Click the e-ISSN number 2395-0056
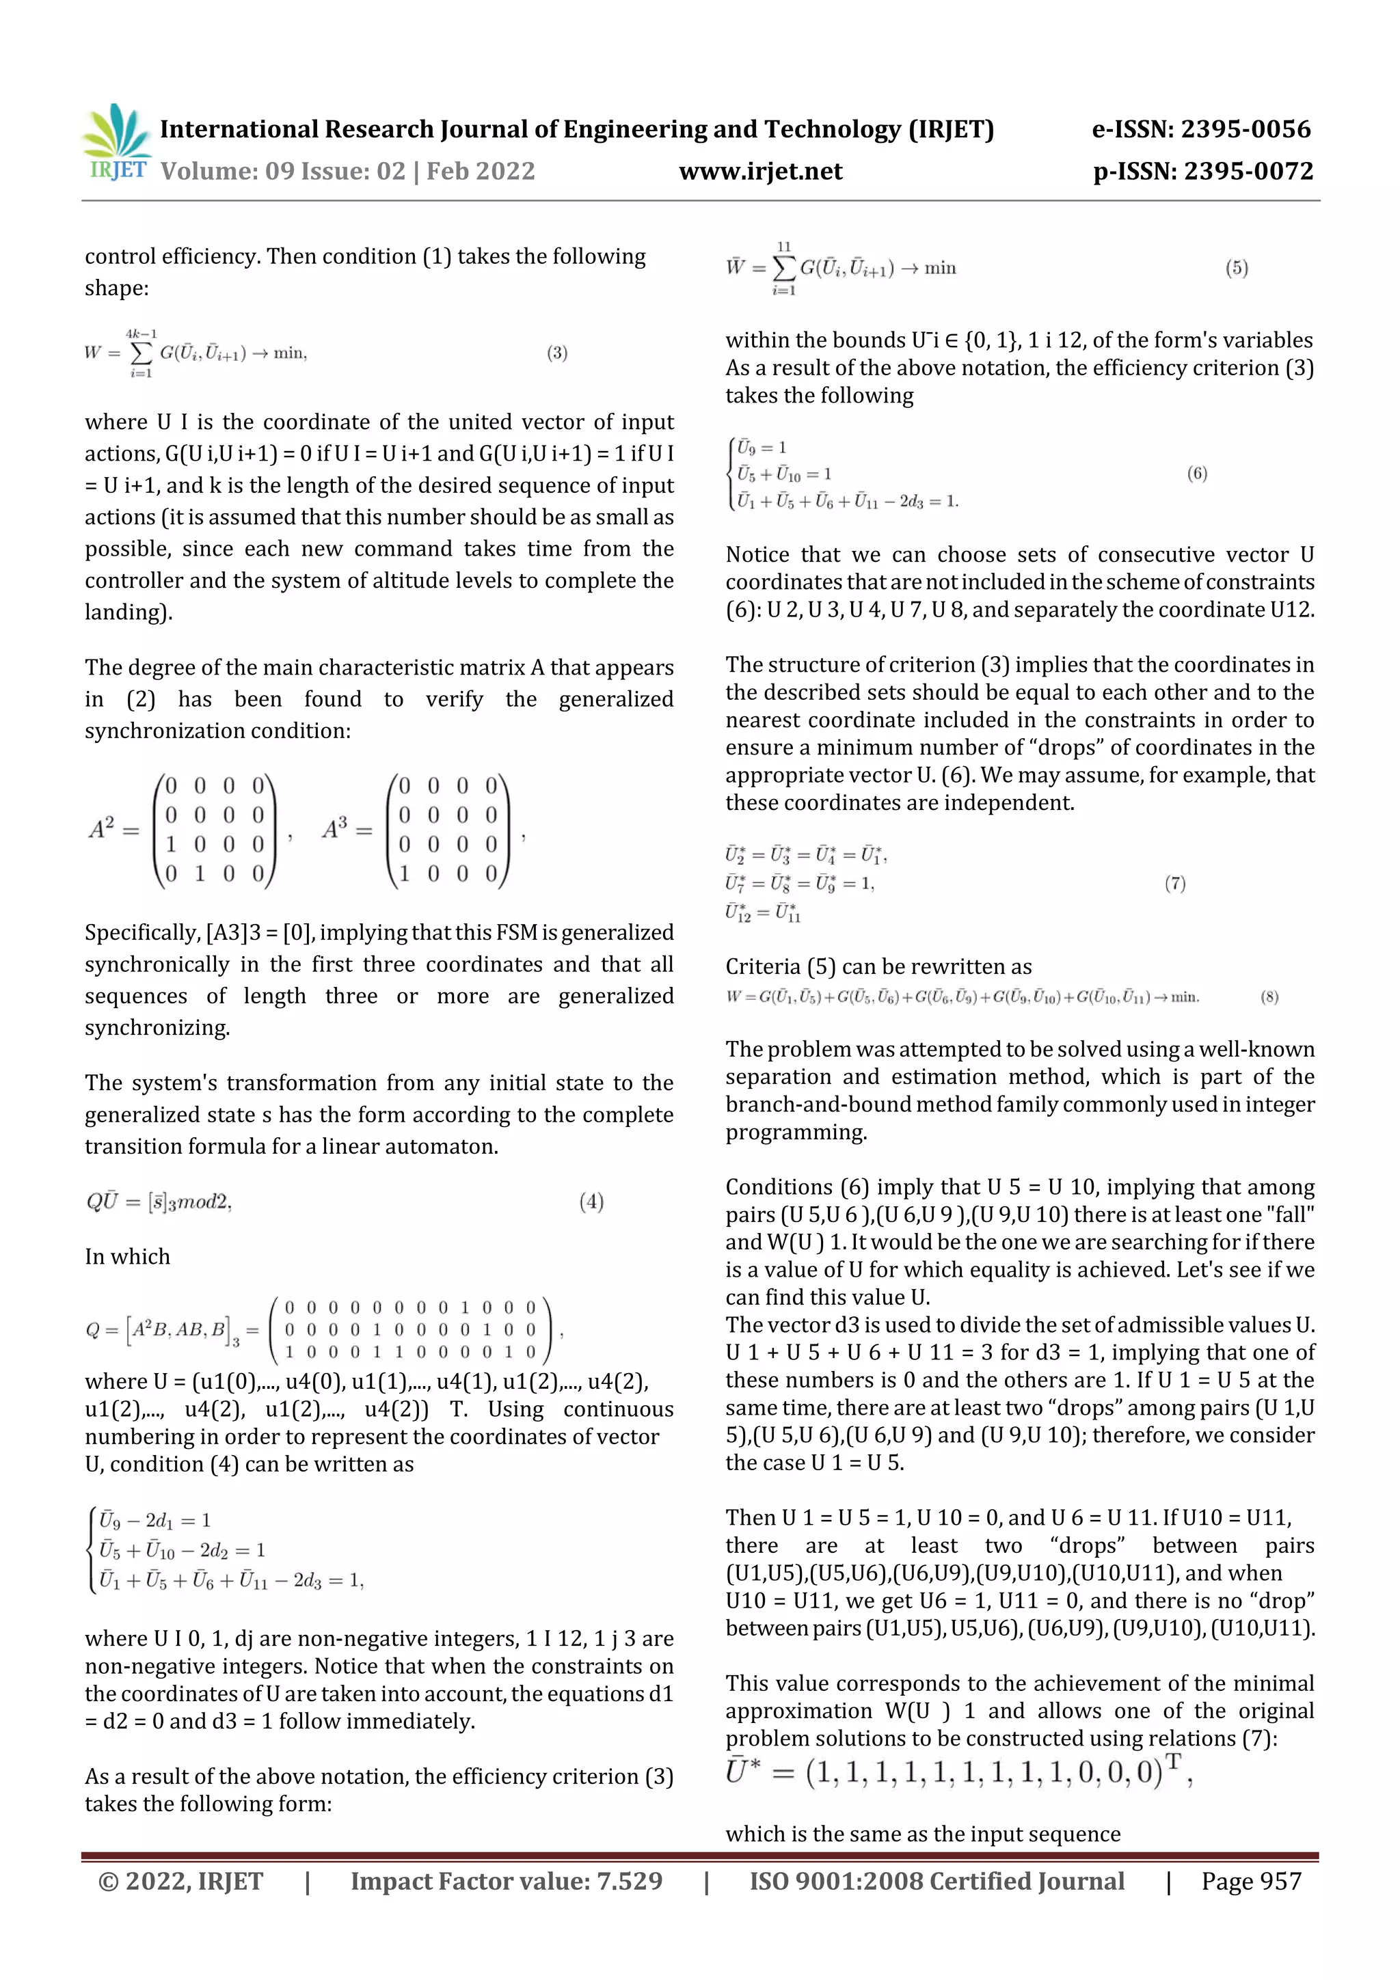pyautogui.click(x=1201, y=129)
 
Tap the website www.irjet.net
pyautogui.click(x=760, y=172)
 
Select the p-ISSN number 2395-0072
pyautogui.click(x=1202, y=172)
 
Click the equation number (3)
pyautogui.click(x=556, y=353)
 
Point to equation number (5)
pyautogui.click(x=1236, y=268)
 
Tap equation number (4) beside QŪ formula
pyautogui.click(x=591, y=1202)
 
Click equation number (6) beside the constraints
pyautogui.click(x=1196, y=474)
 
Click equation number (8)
pyautogui.click(x=1269, y=997)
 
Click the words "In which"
pyautogui.click(x=128, y=1256)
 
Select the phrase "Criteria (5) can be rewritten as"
pyautogui.click(x=878, y=966)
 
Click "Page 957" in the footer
pyautogui.click(x=1251, y=1881)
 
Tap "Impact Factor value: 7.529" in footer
pyautogui.click(x=507, y=1881)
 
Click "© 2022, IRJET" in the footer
pyautogui.click(x=180, y=1881)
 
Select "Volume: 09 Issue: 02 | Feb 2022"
pyautogui.click(x=348, y=172)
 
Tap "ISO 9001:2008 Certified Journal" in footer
pyautogui.click(x=937, y=1881)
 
